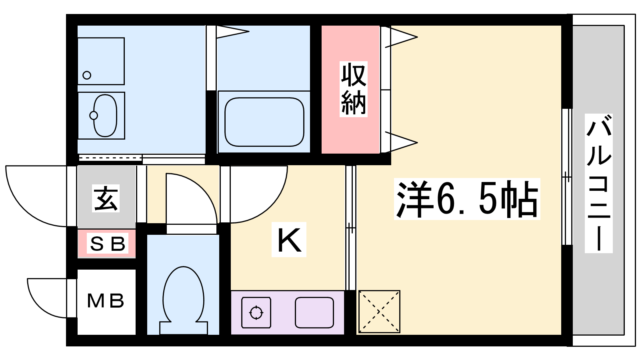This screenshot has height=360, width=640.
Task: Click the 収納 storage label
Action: coord(354,89)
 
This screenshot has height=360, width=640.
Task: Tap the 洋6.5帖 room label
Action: coord(467,199)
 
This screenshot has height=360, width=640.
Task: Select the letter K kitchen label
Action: coord(289,240)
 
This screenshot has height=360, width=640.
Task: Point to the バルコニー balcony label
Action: coord(598,183)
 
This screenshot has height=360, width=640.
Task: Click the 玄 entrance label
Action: coord(106,198)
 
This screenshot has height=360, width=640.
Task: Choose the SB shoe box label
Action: coord(108,243)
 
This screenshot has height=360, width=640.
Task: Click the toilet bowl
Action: coord(184,300)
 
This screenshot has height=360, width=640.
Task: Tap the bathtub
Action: coord(264,122)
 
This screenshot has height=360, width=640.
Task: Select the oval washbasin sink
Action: coord(105,116)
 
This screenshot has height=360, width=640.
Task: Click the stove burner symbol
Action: coord(256,312)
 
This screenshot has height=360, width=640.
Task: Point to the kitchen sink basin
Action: coord(314,312)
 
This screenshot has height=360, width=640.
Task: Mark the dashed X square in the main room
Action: coord(379,312)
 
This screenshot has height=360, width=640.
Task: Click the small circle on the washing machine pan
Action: coord(87,75)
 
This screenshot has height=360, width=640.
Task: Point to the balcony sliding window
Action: coord(567,176)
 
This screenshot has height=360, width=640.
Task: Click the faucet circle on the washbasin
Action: coord(94,116)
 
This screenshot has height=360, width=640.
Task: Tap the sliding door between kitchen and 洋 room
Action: coord(350,228)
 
